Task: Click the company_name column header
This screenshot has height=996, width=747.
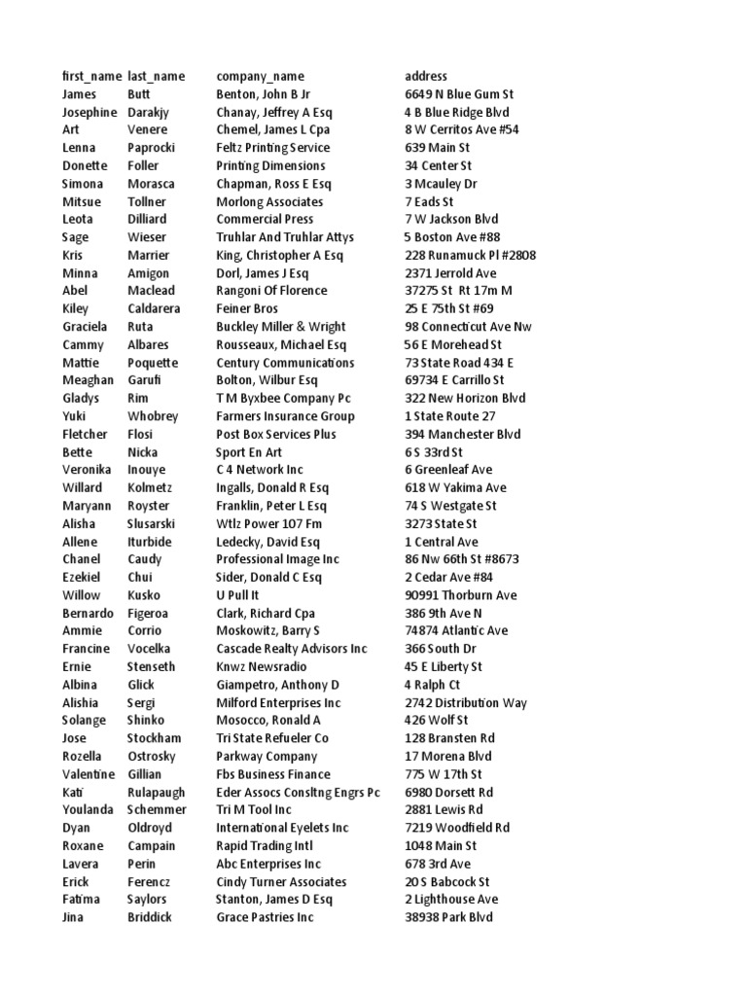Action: (260, 76)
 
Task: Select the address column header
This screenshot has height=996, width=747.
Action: (426, 76)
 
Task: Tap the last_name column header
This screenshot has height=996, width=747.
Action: (156, 76)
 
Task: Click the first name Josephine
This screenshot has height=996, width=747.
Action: (89, 112)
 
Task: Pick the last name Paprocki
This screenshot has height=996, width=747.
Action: (154, 148)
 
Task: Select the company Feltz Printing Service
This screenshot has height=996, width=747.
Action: (272, 148)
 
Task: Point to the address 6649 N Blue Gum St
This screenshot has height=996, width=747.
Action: (459, 94)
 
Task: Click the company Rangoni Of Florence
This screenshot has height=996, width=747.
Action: (271, 291)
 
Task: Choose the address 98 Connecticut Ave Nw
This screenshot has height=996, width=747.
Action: (469, 327)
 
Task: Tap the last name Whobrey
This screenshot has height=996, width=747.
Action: (153, 416)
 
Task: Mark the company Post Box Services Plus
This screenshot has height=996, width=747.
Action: (275, 434)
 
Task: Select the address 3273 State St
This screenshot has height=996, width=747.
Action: (442, 523)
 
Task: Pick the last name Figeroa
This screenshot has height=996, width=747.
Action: (151, 613)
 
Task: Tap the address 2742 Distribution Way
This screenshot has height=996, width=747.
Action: (466, 702)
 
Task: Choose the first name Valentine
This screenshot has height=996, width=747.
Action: (89, 774)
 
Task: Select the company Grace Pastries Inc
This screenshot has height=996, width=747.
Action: (265, 917)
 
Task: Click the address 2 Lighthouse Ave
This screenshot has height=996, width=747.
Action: (451, 900)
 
